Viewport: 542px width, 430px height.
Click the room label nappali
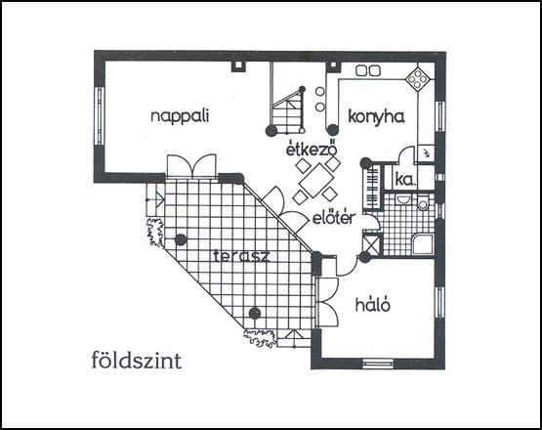[x=180, y=116]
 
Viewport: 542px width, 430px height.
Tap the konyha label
[x=376, y=116]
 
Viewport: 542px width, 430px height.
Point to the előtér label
[x=334, y=217]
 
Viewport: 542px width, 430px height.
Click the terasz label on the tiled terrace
[x=241, y=256]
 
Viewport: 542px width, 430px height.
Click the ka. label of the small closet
[x=405, y=180]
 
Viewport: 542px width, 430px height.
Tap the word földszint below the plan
[x=137, y=360]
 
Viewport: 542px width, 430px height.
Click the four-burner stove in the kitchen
[x=419, y=79]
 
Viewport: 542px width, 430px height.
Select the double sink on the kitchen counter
[x=368, y=70]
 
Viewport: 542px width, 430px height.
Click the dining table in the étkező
[x=316, y=180]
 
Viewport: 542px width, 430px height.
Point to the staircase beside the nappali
[x=287, y=109]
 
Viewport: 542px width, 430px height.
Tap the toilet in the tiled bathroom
[x=424, y=201]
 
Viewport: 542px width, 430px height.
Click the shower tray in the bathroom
[x=423, y=245]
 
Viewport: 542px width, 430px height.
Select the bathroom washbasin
[x=402, y=198]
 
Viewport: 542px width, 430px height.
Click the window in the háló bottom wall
[x=378, y=364]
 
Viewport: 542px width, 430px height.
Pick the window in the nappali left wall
[x=100, y=115]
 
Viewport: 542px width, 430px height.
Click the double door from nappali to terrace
[x=191, y=166]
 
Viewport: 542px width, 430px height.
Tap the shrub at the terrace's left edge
[x=154, y=233]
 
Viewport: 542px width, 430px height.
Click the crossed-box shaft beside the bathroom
[x=372, y=244]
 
